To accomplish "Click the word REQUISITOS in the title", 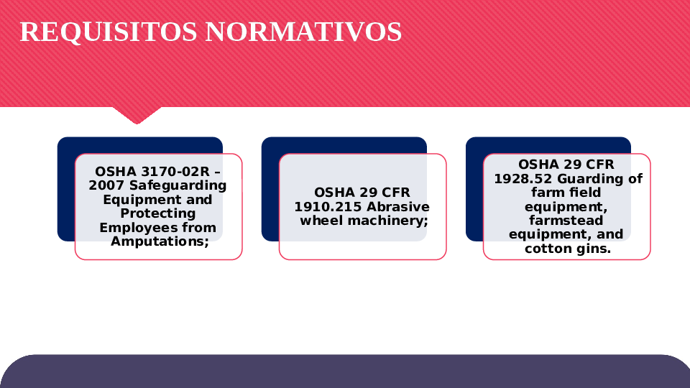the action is point(109,32).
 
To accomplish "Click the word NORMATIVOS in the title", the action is point(303,32).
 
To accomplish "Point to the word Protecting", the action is point(158,213).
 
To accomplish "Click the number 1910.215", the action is point(328,207).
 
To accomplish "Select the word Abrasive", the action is point(397,207).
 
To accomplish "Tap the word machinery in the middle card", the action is point(387,221).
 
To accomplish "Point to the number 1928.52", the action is point(523,179).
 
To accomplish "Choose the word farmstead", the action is point(566,220).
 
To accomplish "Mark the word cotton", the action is point(546,249).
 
